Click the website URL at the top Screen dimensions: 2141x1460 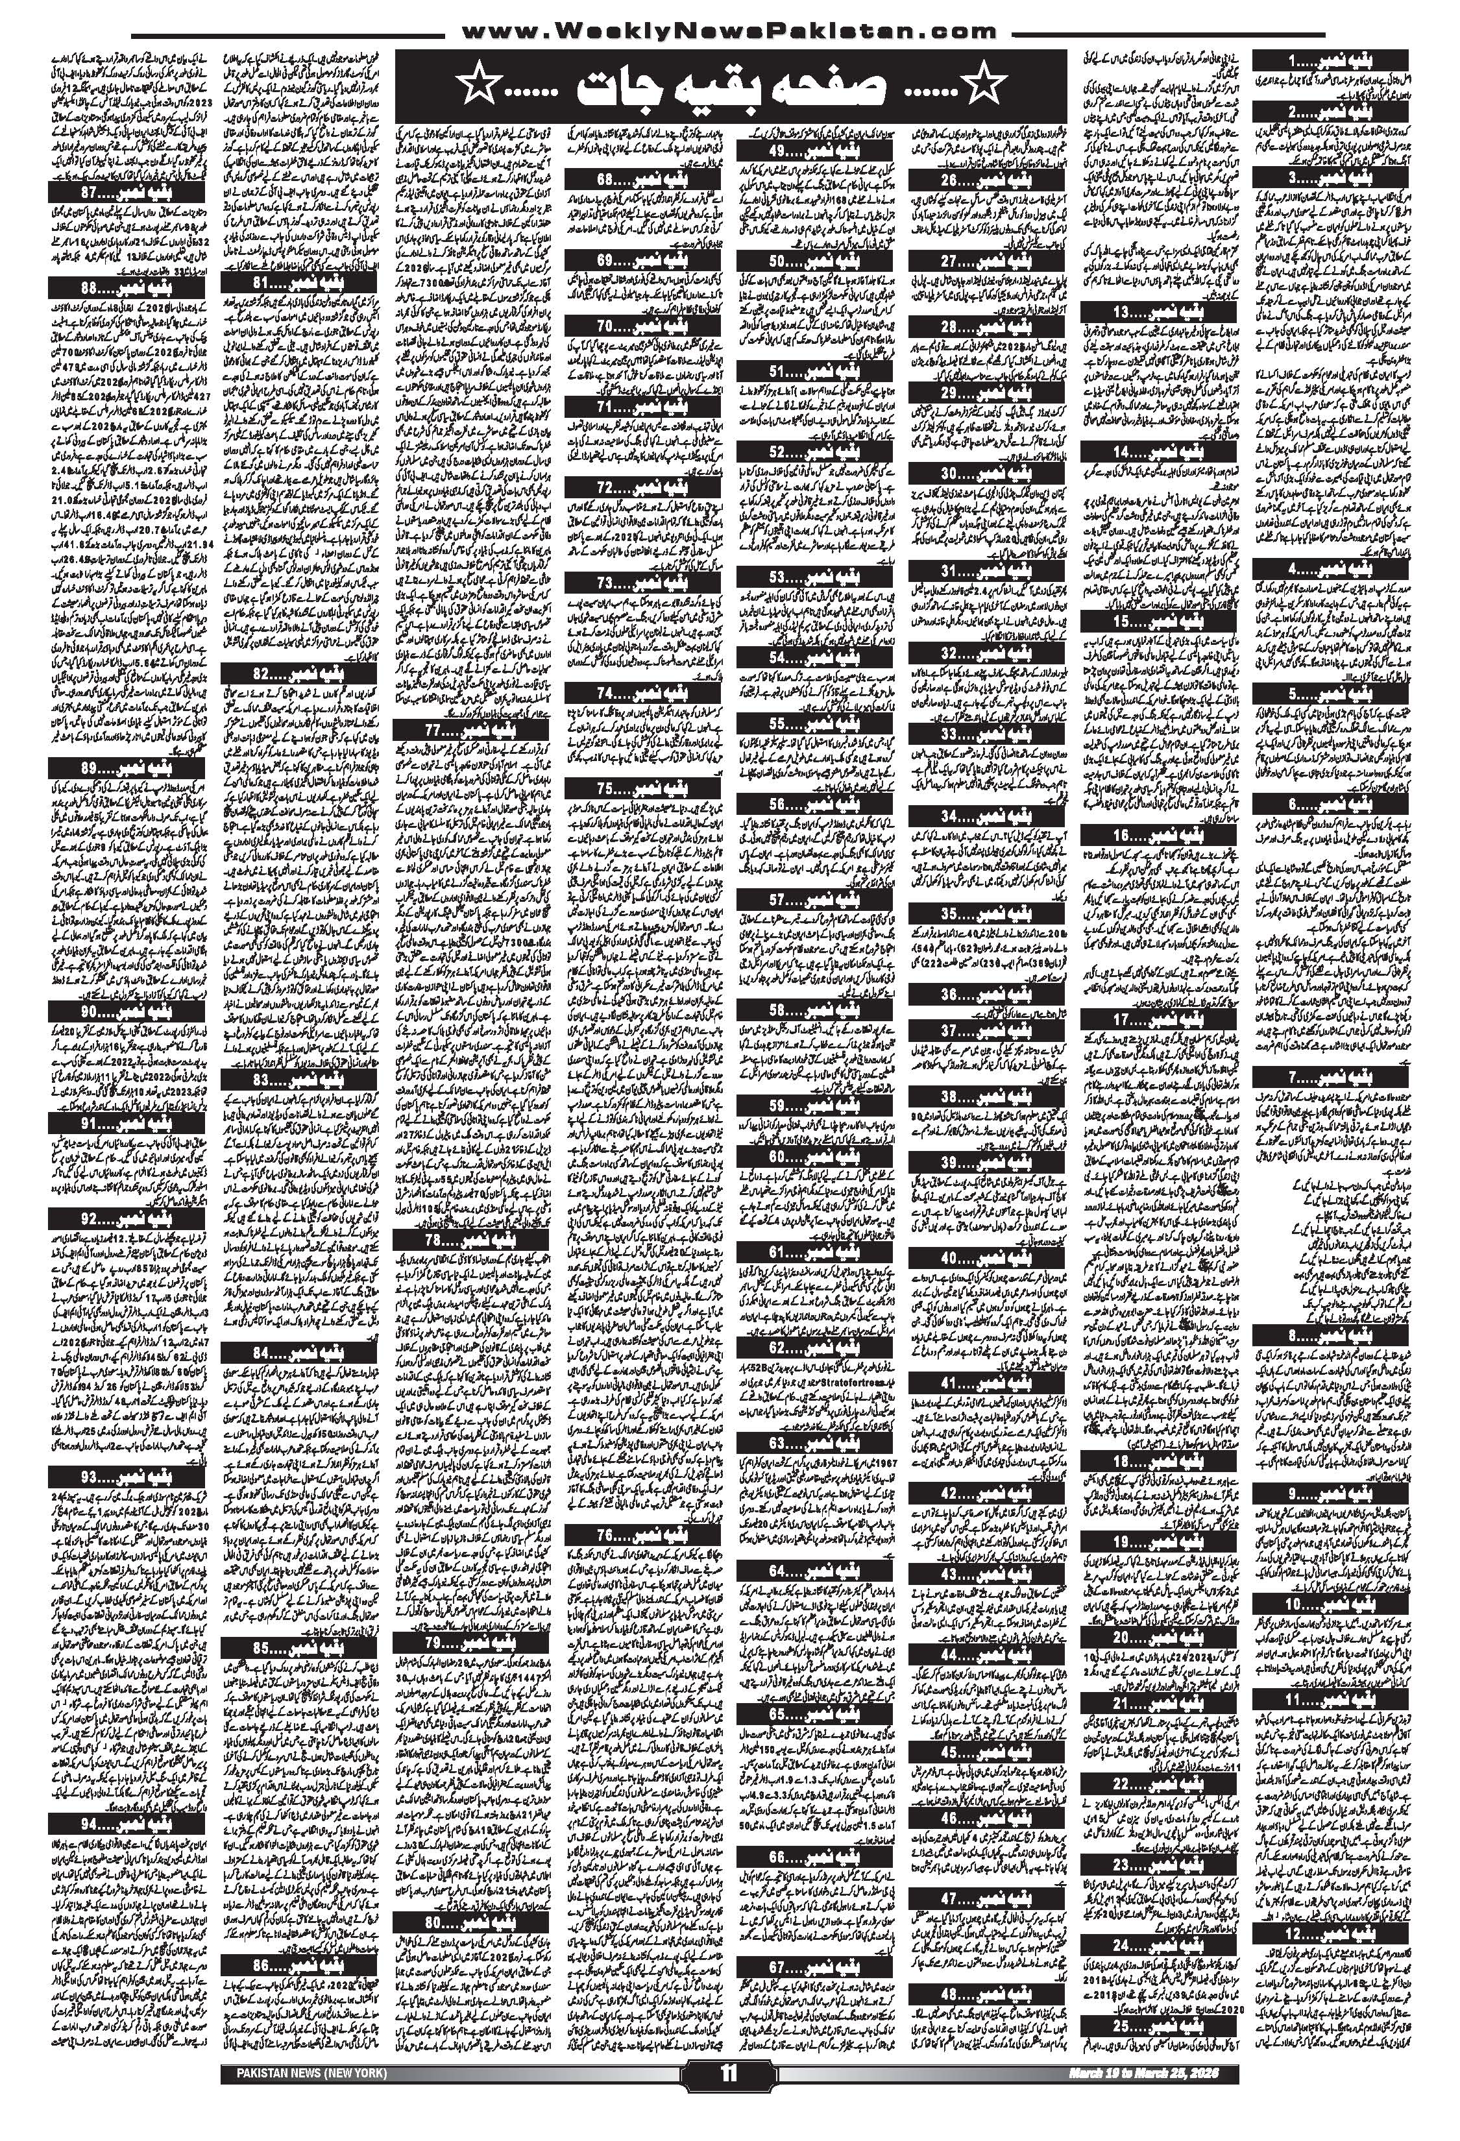(x=729, y=31)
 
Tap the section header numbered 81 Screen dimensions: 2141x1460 (x=298, y=281)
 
